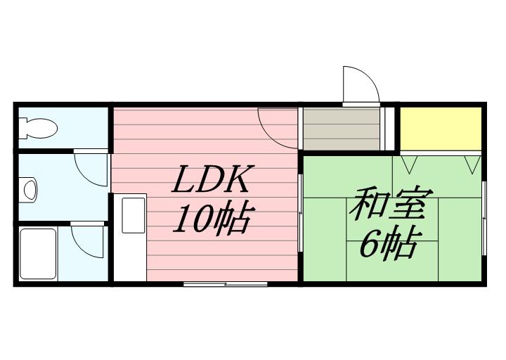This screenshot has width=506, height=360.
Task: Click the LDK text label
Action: coord(213,179)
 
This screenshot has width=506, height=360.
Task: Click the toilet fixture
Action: coord(38,128)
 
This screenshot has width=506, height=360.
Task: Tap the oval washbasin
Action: coord(30,190)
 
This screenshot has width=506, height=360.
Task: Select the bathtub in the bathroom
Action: coord(38,254)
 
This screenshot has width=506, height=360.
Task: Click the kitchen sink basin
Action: coord(134,215)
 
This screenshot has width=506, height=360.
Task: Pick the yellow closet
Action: coord(441,129)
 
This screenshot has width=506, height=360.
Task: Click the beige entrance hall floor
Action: coord(342,129)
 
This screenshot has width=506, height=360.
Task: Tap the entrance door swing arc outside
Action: coord(361,84)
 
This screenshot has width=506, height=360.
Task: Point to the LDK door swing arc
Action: coord(278,128)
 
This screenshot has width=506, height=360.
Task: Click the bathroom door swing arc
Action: coord(88,241)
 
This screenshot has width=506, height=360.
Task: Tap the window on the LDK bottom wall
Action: coord(226,284)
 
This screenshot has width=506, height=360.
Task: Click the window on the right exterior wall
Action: coord(484,219)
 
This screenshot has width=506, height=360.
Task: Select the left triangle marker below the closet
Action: coord(409,165)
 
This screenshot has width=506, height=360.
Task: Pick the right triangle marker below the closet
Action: coord(473,165)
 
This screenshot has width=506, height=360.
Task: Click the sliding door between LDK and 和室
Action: coord(301,213)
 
